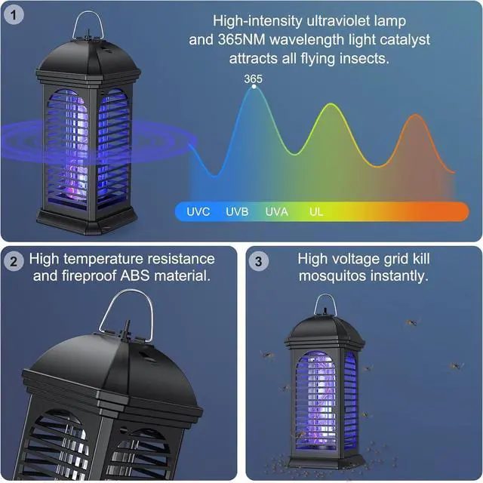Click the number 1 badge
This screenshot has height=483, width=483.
click(x=13, y=14)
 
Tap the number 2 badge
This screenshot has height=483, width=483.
click(x=13, y=262)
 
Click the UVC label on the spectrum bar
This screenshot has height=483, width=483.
click(x=198, y=211)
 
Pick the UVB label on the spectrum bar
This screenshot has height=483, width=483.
click(x=237, y=211)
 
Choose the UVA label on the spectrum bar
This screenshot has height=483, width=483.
click(x=276, y=211)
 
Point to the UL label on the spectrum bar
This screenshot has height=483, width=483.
click(x=315, y=211)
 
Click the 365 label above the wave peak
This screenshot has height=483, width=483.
click(x=253, y=78)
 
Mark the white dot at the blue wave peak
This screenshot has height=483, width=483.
click(x=254, y=87)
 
